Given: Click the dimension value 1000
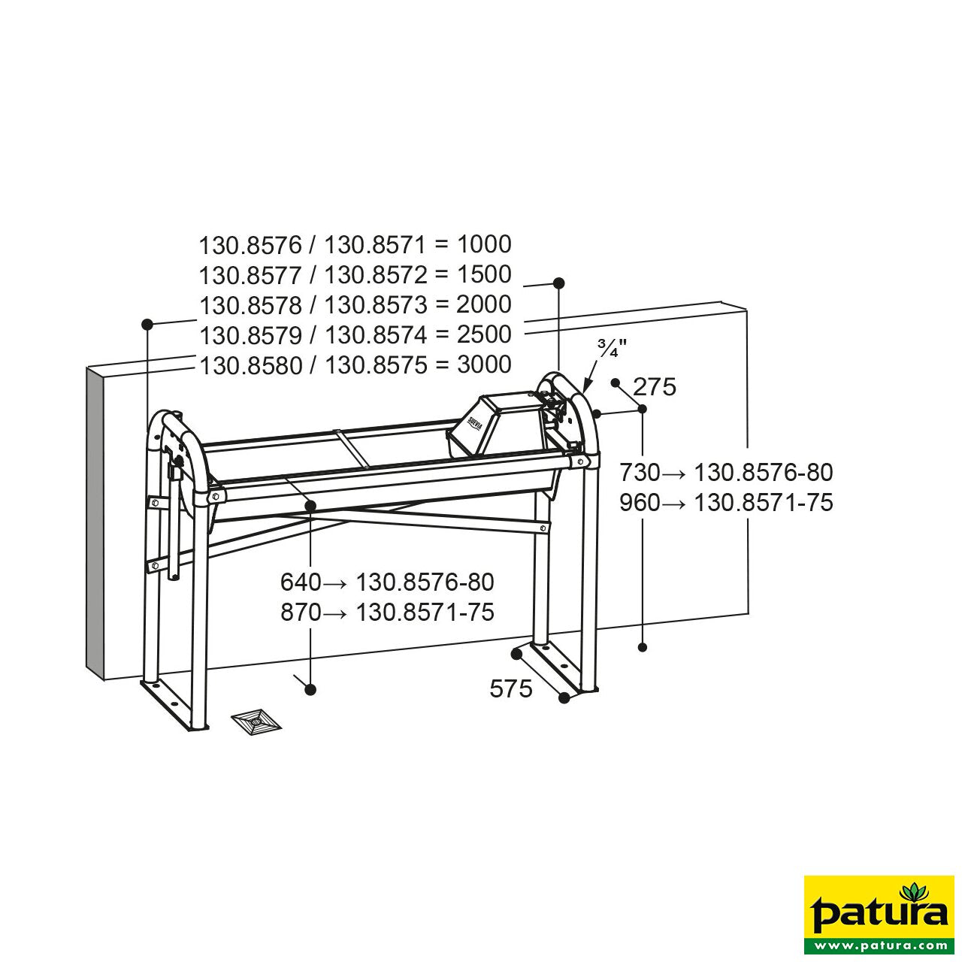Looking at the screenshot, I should tap(484, 244).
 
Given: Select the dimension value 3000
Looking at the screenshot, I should tap(484, 365).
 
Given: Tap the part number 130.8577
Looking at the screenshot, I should tap(250, 275).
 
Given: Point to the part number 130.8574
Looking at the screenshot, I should tap(376, 335).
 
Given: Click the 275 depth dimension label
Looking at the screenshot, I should tap(655, 387).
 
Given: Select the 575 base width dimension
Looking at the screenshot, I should tap(511, 688).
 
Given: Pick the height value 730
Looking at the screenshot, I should tap(640, 473).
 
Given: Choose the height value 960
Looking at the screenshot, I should tap(640, 503).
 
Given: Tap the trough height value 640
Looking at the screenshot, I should tap(301, 582).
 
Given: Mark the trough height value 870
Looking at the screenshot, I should tap(301, 613).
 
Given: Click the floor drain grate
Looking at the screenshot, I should tap(256, 722).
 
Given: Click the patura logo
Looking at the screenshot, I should tap(879, 910).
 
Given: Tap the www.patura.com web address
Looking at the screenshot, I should tap(879, 945).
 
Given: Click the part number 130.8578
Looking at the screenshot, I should tap(250, 305).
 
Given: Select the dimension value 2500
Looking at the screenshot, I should tap(484, 334).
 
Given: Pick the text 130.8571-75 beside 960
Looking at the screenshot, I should tap(764, 503).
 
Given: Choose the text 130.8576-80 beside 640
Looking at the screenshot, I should tap(425, 582).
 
